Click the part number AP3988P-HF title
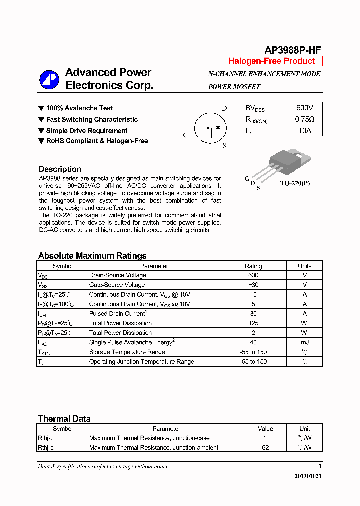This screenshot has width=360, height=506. tap(292, 50)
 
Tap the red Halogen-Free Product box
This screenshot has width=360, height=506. tap(271, 61)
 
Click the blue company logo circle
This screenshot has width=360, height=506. tap(49, 79)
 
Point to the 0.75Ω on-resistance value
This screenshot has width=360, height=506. tap(305, 120)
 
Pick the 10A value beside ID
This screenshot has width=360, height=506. tap(305, 131)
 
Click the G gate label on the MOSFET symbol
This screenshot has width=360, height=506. tap(185, 135)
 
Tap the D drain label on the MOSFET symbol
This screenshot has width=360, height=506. tap(224, 108)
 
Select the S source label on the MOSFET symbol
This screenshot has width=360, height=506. tap(224, 146)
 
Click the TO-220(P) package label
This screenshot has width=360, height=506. tap(294, 183)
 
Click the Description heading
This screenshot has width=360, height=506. tap(60, 169)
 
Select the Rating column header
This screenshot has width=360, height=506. tap(253, 266)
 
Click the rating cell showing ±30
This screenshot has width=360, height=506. tap(253, 285)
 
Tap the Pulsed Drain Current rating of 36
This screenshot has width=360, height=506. tap(253, 314)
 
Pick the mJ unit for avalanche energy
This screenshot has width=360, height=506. tap(304, 342)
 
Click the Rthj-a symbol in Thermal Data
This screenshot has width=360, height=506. tap(46, 448)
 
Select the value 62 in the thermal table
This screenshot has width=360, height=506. tap(265, 448)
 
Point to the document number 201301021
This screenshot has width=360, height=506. tap(308, 476)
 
